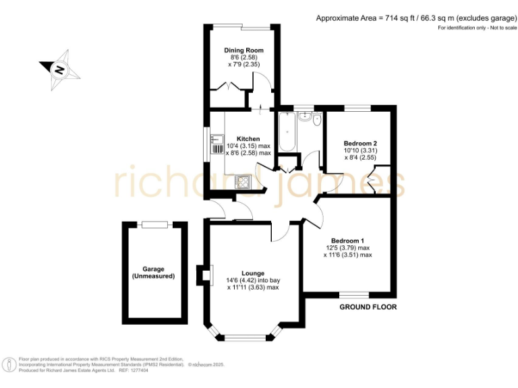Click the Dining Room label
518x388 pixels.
coord(243,50)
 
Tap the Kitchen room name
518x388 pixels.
coord(248,139)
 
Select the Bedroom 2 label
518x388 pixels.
coord(359,143)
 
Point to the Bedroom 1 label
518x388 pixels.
coord(347,241)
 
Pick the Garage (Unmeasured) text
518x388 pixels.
coord(154,273)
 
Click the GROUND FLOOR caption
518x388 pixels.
coord(368,307)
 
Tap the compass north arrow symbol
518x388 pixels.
coord(59,69)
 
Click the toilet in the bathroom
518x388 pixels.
coord(316,120)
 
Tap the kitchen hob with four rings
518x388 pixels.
coord(241,181)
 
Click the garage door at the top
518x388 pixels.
coord(154,224)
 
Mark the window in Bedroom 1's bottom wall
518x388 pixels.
coord(353,295)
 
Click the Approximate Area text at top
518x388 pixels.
coord(413,18)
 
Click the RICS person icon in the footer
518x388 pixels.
coord(10,364)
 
